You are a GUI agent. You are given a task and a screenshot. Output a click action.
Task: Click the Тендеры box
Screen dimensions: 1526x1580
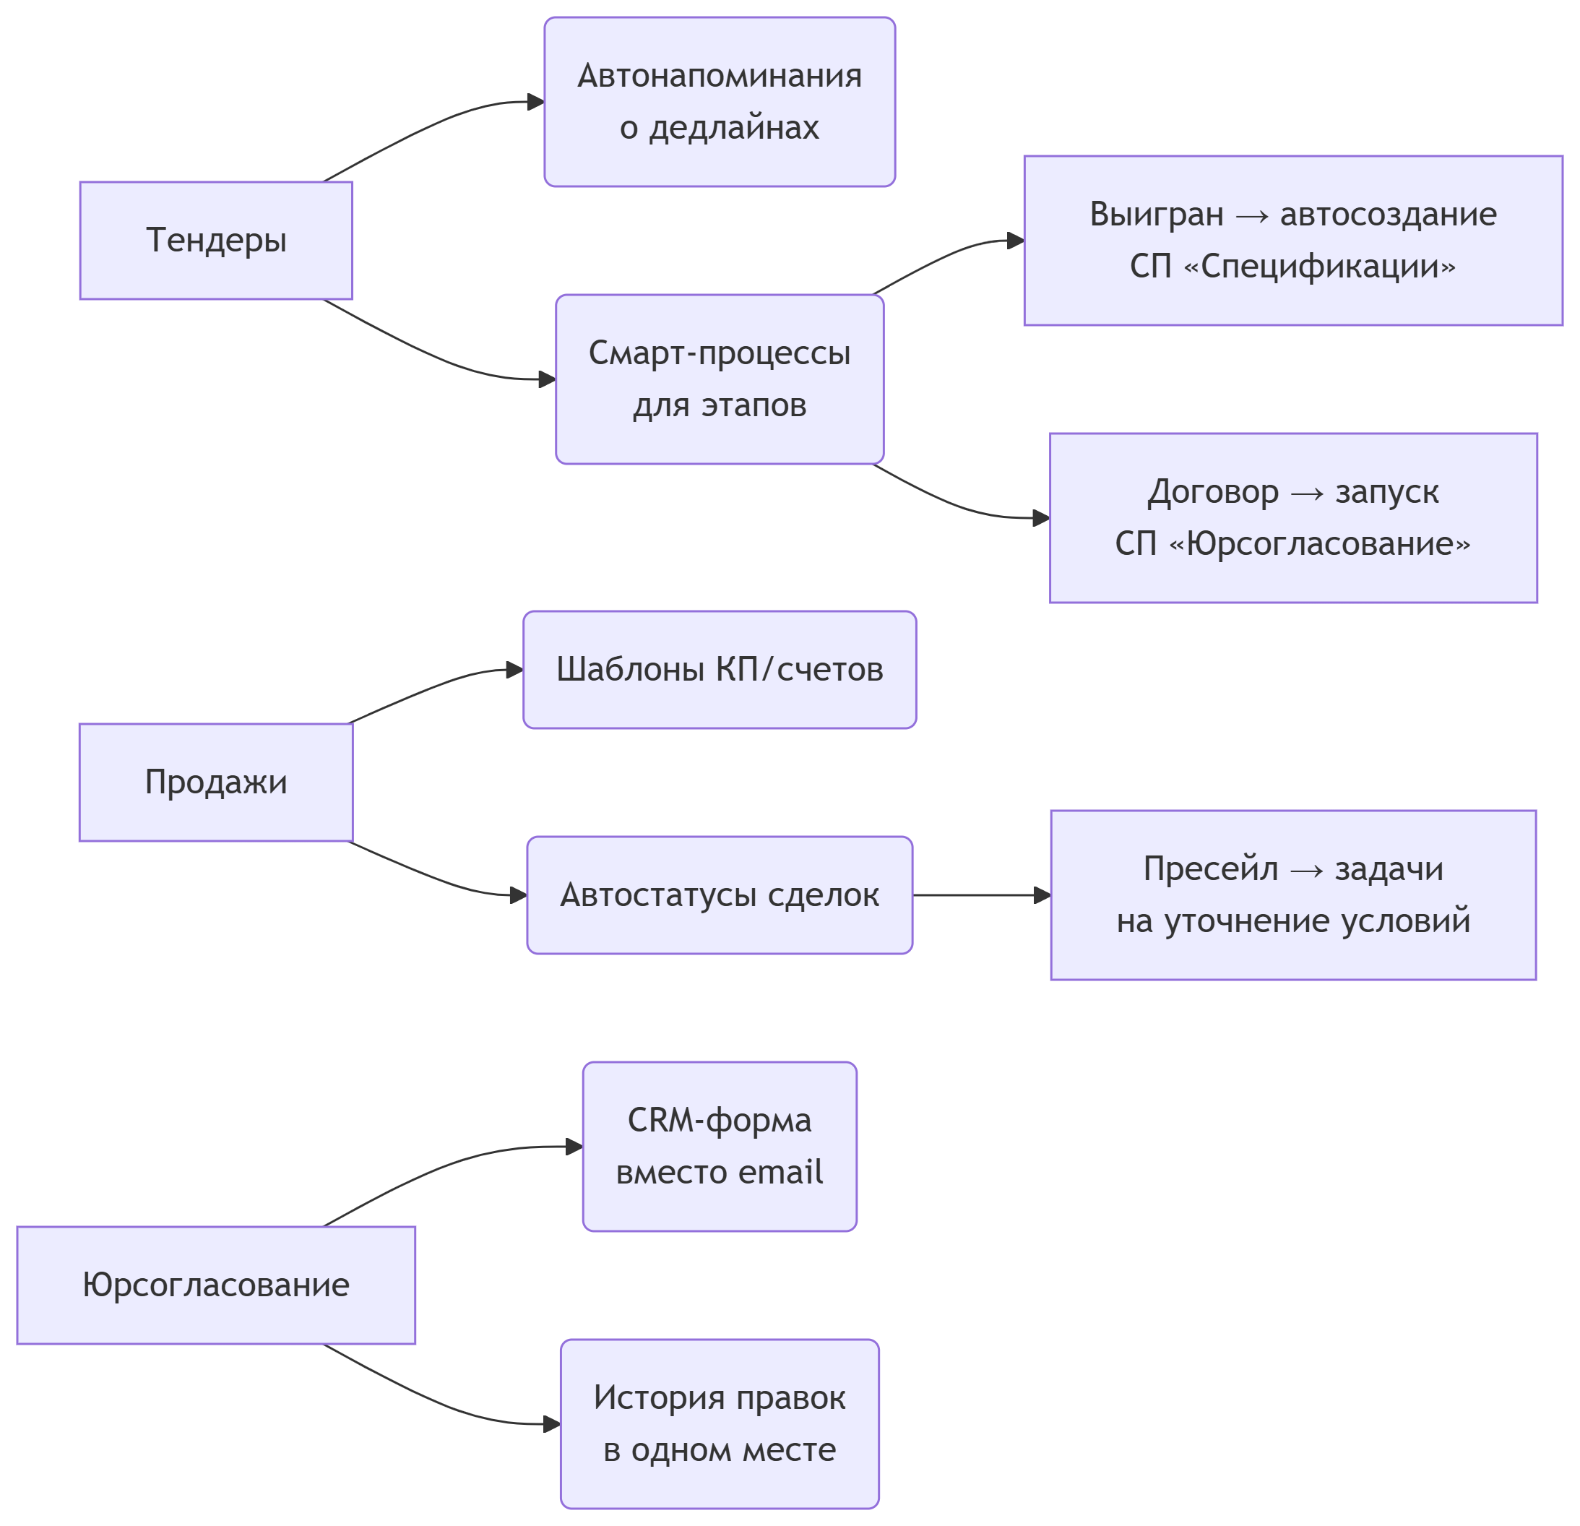point(216,240)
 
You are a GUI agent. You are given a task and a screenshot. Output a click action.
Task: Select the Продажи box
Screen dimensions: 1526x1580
point(216,782)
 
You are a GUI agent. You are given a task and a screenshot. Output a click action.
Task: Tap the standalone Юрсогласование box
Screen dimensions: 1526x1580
point(216,1285)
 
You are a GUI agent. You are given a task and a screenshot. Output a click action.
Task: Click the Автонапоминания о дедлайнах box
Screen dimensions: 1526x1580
point(719,102)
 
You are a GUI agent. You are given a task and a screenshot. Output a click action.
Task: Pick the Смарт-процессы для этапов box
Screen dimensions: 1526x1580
point(719,379)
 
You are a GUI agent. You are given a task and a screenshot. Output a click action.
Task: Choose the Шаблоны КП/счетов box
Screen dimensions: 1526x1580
point(719,670)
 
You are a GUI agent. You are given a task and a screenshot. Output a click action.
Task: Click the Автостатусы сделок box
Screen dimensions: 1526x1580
point(719,895)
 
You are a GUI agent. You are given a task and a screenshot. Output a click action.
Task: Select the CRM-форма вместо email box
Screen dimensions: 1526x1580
point(719,1147)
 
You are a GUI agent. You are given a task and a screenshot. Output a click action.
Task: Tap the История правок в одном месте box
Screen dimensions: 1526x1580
point(719,1423)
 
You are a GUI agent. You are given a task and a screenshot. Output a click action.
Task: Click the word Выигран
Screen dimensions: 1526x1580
point(1156,215)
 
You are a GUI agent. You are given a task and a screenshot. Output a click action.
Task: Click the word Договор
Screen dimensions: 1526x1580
point(1212,492)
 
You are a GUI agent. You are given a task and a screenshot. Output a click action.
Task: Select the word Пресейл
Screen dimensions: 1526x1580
point(1210,869)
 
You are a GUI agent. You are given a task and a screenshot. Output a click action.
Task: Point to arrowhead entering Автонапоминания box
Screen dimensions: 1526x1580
point(535,102)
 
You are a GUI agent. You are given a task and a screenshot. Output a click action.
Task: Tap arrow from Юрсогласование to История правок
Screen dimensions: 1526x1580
point(436,1401)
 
